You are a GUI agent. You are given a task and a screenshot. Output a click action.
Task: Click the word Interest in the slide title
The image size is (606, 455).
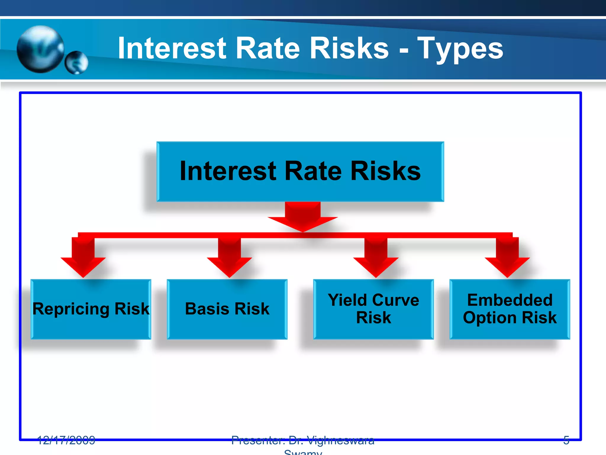click(x=172, y=48)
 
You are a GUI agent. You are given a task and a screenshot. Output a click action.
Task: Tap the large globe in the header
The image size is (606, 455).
click(x=41, y=49)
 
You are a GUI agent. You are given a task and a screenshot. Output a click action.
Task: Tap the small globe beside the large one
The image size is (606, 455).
click(x=76, y=63)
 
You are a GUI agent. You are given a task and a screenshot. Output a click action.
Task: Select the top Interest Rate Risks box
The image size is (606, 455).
click(x=300, y=172)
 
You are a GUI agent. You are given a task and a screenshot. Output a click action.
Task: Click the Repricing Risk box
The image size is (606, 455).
click(x=91, y=309)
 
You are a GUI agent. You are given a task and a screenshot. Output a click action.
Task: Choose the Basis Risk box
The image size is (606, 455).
click(x=227, y=309)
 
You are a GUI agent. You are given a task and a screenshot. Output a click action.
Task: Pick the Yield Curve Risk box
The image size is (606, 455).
click(x=373, y=309)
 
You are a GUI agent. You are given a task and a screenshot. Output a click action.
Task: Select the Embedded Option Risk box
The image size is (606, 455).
click(x=510, y=309)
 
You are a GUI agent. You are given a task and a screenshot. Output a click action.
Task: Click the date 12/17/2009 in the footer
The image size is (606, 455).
click(x=66, y=440)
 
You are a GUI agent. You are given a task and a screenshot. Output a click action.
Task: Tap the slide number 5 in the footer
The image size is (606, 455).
click(x=566, y=440)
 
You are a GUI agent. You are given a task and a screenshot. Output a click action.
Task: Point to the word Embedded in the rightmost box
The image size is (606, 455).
click(x=510, y=300)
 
